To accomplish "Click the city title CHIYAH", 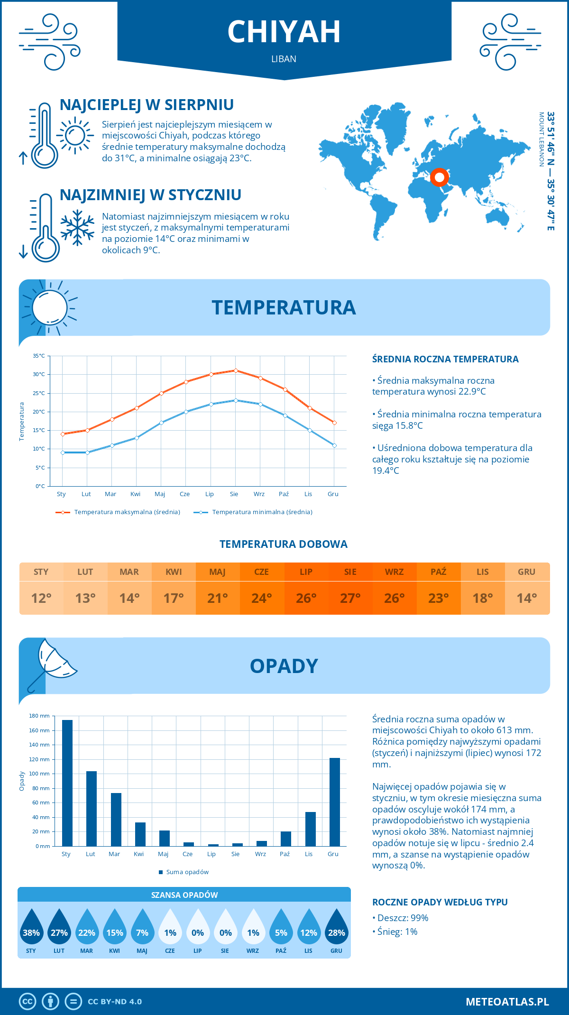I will (284, 32).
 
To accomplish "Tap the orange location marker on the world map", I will (440, 177).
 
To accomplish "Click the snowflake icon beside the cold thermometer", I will (77, 228).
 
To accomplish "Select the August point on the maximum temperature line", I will (236, 370).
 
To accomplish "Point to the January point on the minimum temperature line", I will (63, 452).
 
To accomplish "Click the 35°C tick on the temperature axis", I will (39, 356).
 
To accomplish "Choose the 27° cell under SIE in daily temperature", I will (350, 598).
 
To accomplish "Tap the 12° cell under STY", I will (41, 598).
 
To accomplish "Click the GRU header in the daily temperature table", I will (527, 572).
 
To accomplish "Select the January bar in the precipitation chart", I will (67, 783).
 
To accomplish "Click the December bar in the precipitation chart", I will (335, 802).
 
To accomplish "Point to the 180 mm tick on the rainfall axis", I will (40, 716).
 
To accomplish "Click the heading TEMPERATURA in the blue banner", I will (284, 307).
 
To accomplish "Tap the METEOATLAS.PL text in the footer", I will (507, 1002).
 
